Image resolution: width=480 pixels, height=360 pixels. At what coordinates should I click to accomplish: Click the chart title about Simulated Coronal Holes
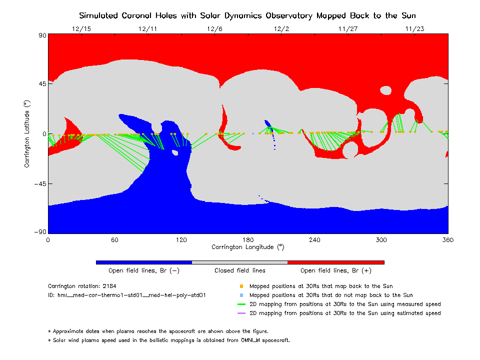(x=248, y=15)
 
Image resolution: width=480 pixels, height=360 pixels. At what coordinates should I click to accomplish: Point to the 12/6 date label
(x=214, y=29)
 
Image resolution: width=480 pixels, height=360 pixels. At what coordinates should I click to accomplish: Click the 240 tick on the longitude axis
(x=314, y=240)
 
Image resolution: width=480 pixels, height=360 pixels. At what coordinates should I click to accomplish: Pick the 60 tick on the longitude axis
(x=114, y=240)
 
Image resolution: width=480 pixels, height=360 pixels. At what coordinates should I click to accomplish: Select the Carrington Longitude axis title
(x=248, y=247)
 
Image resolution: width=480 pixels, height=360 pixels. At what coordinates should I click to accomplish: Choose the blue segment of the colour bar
(x=144, y=262)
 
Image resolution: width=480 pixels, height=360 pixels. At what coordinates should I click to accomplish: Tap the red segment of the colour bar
(x=336, y=262)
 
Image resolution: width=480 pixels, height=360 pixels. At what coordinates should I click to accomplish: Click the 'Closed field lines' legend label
(x=240, y=270)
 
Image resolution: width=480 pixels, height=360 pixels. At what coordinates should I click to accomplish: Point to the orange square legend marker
(x=241, y=286)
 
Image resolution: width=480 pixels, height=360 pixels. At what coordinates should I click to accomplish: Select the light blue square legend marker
(x=241, y=295)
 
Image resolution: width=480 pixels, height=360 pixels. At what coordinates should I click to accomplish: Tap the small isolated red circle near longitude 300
(x=386, y=90)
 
